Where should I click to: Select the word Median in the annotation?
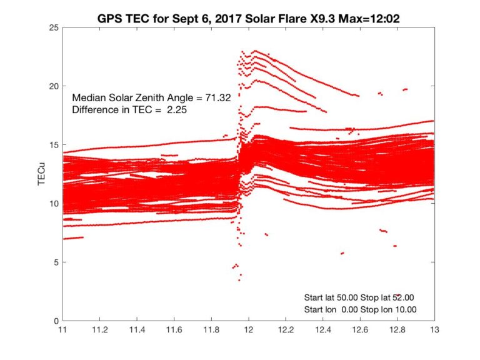tap(87, 98)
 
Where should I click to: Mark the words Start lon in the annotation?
tap(321, 309)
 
